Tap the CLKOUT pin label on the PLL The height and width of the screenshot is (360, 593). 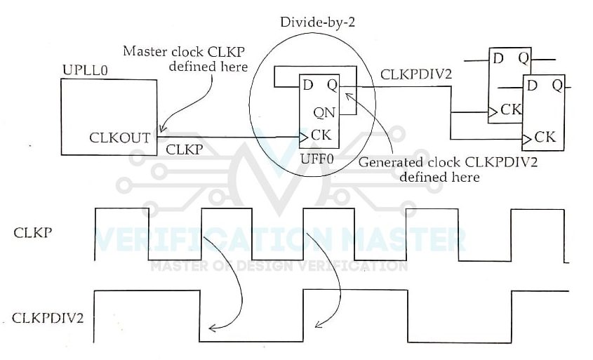(x=119, y=138)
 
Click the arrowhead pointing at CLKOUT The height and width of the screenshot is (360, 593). (x=161, y=131)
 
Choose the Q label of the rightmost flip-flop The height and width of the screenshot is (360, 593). (x=556, y=85)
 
